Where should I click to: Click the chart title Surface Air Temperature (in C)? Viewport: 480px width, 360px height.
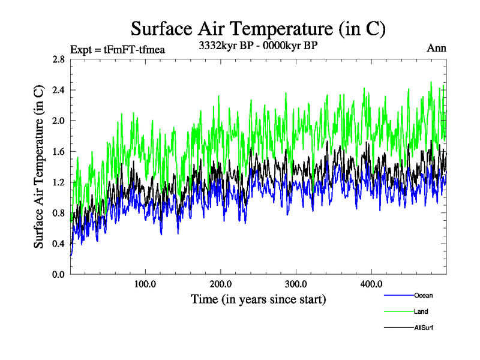[258, 29]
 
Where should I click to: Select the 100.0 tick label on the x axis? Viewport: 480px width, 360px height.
[145, 284]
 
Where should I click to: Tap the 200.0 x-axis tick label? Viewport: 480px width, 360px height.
[221, 284]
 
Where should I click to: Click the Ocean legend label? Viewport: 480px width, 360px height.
[423, 295]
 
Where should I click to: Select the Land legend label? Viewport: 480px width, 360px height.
[421, 311]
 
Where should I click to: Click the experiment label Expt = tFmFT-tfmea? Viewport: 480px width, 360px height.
[118, 49]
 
